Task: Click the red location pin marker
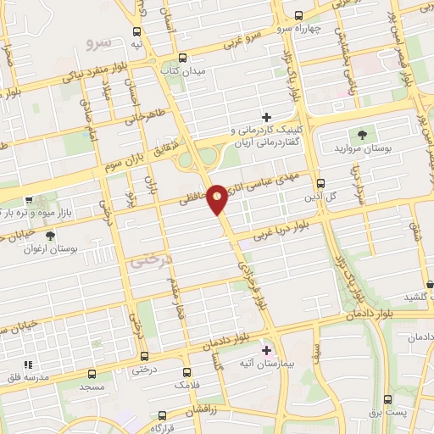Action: (x=217, y=198)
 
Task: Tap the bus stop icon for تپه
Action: (x=137, y=30)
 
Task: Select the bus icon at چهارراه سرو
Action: (x=298, y=15)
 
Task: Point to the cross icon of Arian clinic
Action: (x=266, y=117)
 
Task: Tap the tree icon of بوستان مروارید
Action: (x=363, y=134)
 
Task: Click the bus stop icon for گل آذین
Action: (x=320, y=182)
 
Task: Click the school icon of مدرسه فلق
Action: (x=27, y=364)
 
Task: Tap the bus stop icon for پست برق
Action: (x=388, y=399)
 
